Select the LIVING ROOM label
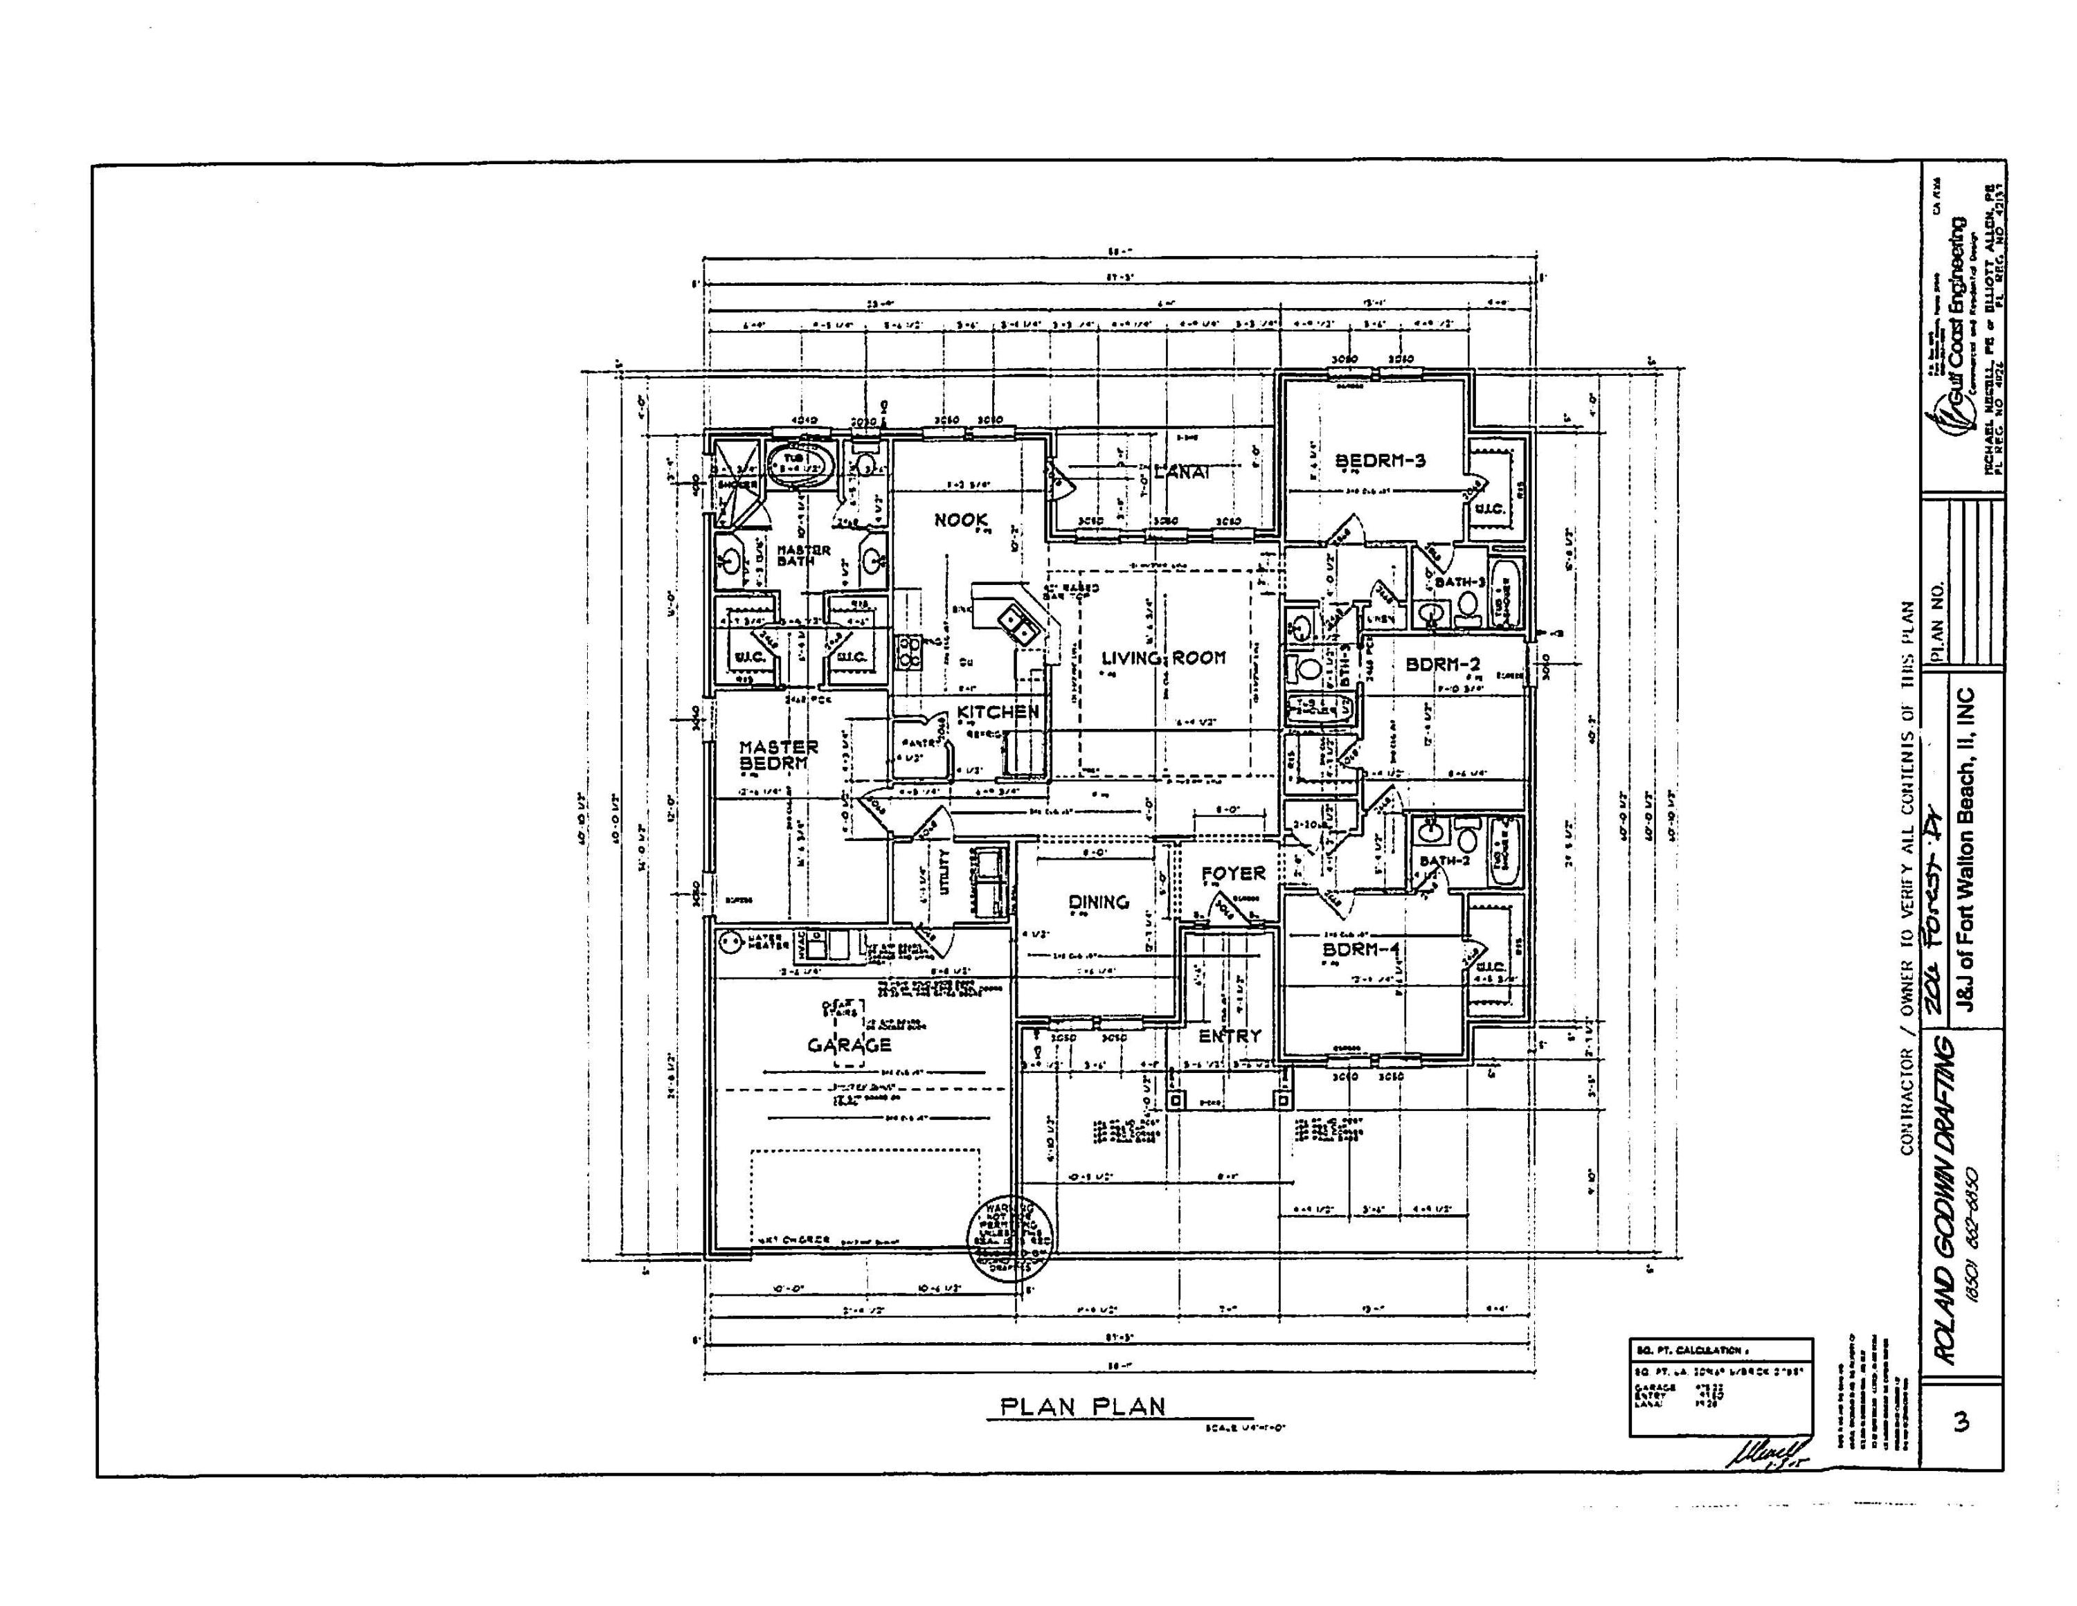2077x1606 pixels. (x=1163, y=657)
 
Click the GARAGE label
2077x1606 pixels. (x=849, y=1045)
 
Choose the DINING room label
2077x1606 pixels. (x=1099, y=901)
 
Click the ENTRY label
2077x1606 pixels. (x=1230, y=1036)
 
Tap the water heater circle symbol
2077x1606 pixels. (x=730, y=942)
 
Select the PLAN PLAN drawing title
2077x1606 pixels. (x=1081, y=1407)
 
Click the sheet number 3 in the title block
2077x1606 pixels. (x=1960, y=1422)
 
